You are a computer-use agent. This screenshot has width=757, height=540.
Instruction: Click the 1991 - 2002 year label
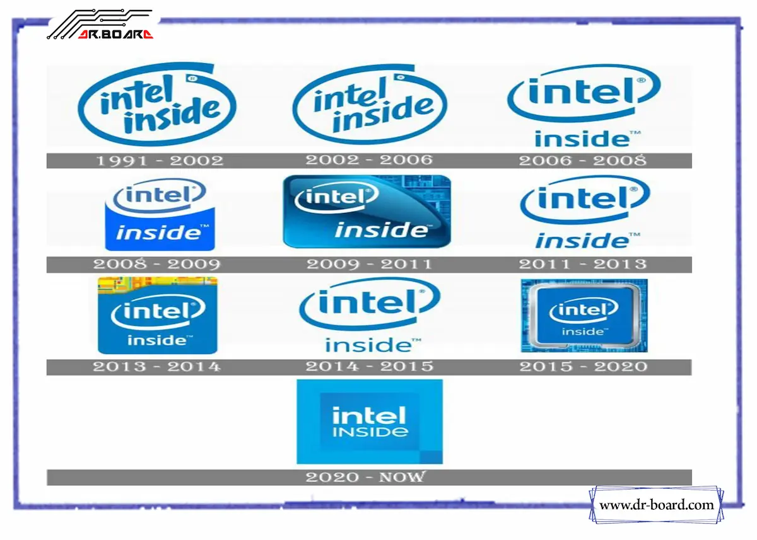point(159,161)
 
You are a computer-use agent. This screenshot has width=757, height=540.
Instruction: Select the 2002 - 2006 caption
point(369,160)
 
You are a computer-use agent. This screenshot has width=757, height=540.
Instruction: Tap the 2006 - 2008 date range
point(583,161)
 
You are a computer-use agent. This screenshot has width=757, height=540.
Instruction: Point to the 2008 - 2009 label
point(157,264)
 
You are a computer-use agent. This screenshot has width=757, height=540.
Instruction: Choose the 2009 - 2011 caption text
point(369,264)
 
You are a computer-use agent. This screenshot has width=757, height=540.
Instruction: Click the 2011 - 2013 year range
point(583,264)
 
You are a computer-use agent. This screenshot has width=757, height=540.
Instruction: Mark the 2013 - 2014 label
point(157,366)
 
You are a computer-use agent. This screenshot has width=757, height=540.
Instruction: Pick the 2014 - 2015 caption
point(369,366)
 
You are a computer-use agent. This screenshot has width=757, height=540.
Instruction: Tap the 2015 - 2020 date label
point(583,366)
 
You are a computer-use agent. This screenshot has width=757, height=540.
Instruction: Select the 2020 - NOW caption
point(366,477)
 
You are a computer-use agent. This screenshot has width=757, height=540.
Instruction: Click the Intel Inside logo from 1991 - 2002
point(157,104)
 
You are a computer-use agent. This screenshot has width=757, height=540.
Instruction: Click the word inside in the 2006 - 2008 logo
point(582,138)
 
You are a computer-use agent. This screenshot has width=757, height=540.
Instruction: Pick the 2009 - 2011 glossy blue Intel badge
point(367,211)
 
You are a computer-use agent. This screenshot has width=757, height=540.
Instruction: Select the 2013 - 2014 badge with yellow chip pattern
point(157,315)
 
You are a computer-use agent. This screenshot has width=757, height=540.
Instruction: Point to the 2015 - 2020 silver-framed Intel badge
point(584,315)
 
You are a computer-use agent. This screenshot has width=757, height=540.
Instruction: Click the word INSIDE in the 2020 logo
point(370,432)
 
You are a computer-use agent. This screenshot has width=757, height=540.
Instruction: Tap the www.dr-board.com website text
point(656,505)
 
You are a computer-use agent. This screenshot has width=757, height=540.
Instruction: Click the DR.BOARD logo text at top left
point(115,35)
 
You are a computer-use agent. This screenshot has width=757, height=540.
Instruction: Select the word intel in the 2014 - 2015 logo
point(368,302)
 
